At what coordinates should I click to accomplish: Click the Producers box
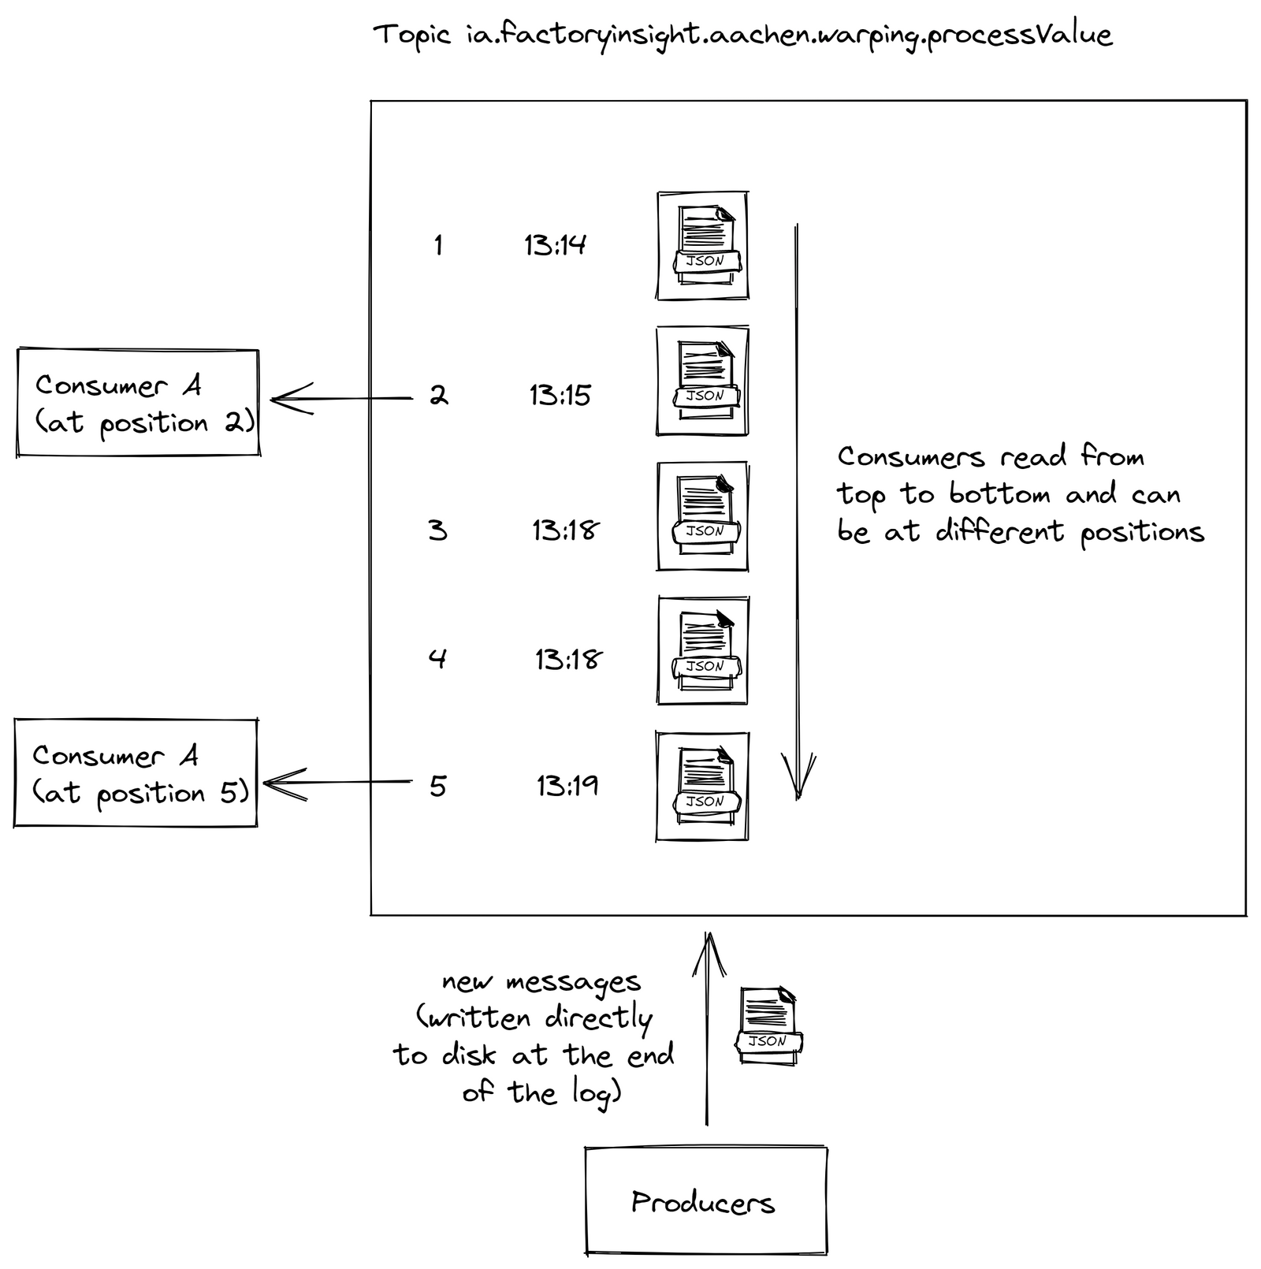[705, 1200]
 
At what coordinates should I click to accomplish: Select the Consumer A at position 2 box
[138, 403]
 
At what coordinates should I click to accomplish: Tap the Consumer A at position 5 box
[136, 772]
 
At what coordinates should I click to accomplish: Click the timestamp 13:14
[555, 245]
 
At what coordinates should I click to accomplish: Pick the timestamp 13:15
[560, 395]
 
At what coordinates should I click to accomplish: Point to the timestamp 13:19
[567, 786]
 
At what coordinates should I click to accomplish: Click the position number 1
[438, 245]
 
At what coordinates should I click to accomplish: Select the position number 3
[438, 530]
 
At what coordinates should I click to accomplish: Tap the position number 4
[437, 657]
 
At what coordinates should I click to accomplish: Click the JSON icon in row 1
[702, 245]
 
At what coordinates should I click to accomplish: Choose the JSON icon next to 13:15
[702, 381]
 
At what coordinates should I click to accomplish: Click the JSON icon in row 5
[702, 786]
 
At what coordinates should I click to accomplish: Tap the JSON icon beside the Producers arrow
[768, 1025]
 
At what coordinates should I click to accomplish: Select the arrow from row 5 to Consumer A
[339, 783]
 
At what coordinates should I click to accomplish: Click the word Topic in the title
[411, 35]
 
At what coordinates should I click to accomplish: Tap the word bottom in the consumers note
[999, 494]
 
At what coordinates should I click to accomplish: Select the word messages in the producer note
[573, 983]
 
